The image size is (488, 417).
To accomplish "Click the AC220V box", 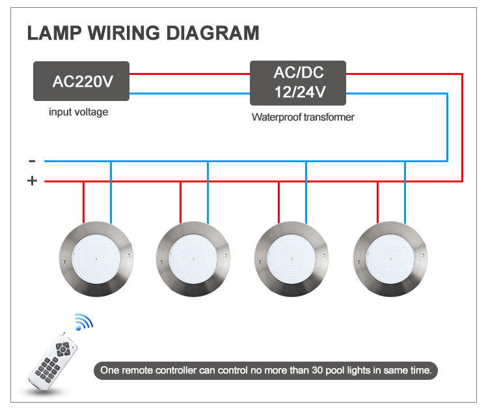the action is (x=81, y=81).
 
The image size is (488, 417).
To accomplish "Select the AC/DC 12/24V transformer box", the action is (x=298, y=83).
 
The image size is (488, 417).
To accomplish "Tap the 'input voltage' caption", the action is (x=79, y=112).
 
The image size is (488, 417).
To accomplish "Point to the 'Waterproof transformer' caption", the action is (x=303, y=117).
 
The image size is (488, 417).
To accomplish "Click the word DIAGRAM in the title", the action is (x=213, y=33).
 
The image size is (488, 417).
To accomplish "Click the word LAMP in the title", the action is (x=55, y=33).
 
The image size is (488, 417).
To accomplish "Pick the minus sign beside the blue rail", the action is (x=32, y=161).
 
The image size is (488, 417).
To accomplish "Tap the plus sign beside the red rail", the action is (x=33, y=180).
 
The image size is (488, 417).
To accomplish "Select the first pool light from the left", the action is (x=96, y=259).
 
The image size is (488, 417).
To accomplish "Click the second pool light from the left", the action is (x=193, y=259).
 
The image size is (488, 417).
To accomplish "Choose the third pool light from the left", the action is (x=291, y=259).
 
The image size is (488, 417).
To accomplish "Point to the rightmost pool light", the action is (x=390, y=259).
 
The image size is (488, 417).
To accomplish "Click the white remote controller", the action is (x=53, y=362).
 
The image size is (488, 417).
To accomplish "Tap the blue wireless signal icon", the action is (x=84, y=322).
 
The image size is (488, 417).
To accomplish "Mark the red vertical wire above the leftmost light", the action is (x=83, y=202).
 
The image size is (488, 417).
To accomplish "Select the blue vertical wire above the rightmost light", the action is (x=405, y=193).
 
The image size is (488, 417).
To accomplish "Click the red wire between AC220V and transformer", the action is (x=189, y=74).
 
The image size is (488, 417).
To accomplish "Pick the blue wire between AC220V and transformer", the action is (x=189, y=93).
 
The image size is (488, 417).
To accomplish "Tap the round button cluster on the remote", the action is (x=63, y=349).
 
